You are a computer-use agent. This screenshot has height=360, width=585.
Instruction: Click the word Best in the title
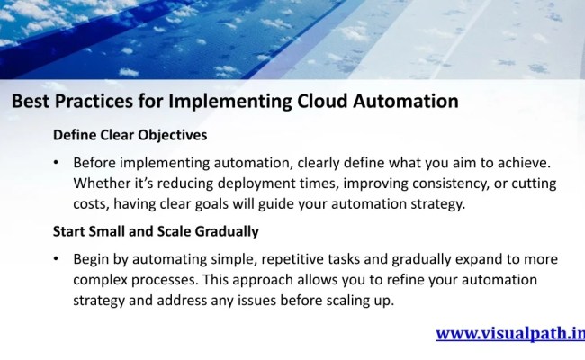pos(31,102)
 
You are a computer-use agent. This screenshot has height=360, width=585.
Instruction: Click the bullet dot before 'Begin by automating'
pos(57,259)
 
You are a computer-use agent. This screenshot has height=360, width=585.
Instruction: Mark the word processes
pos(160,279)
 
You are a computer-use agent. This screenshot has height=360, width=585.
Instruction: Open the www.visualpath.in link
pos(509,334)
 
